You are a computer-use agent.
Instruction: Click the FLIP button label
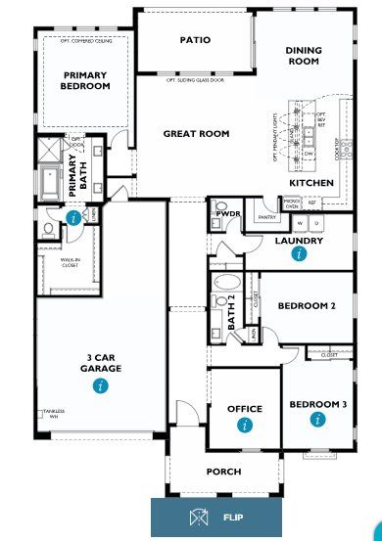[x=233, y=517]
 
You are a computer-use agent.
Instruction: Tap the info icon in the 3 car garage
[x=100, y=386]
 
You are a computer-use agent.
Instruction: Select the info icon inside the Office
[x=244, y=425]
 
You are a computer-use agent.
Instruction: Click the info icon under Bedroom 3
[x=316, y=420]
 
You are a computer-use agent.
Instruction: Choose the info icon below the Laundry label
[x=299, y=253]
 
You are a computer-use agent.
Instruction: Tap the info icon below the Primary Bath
[x=75, y=218]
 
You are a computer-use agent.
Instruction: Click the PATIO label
[x=195, y=41]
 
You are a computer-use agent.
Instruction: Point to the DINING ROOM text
[x=304, y=56]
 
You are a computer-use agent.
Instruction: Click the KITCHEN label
[x=311, y=183]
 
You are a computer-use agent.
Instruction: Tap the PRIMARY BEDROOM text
[x=86, y=80]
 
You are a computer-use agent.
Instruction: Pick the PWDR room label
[x=228, y=213]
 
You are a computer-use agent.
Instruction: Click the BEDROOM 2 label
[x=307, y=305]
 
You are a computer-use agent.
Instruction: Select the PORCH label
[x=223, y=472]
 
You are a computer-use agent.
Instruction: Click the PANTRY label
[x=263, y=218]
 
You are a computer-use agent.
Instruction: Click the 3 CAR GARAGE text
[x=101, y=363]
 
